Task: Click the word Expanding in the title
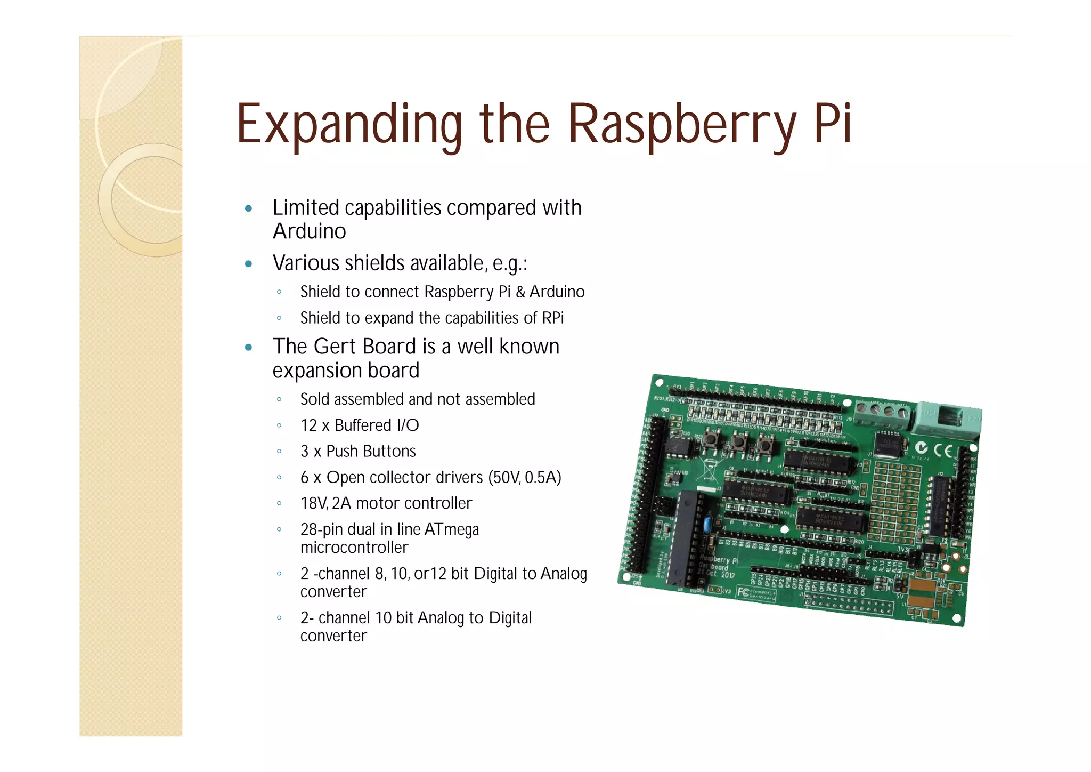[349, 125]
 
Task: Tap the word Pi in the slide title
[833, 124]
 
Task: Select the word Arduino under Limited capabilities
[309, 231]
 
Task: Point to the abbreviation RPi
[552, 318]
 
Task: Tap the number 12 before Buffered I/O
[309, 425]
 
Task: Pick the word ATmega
[452, 529]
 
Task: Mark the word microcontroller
[354, 548]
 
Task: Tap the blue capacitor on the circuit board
[707, 524]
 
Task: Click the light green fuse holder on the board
[947, 417]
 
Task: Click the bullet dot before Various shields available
[248, 264]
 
